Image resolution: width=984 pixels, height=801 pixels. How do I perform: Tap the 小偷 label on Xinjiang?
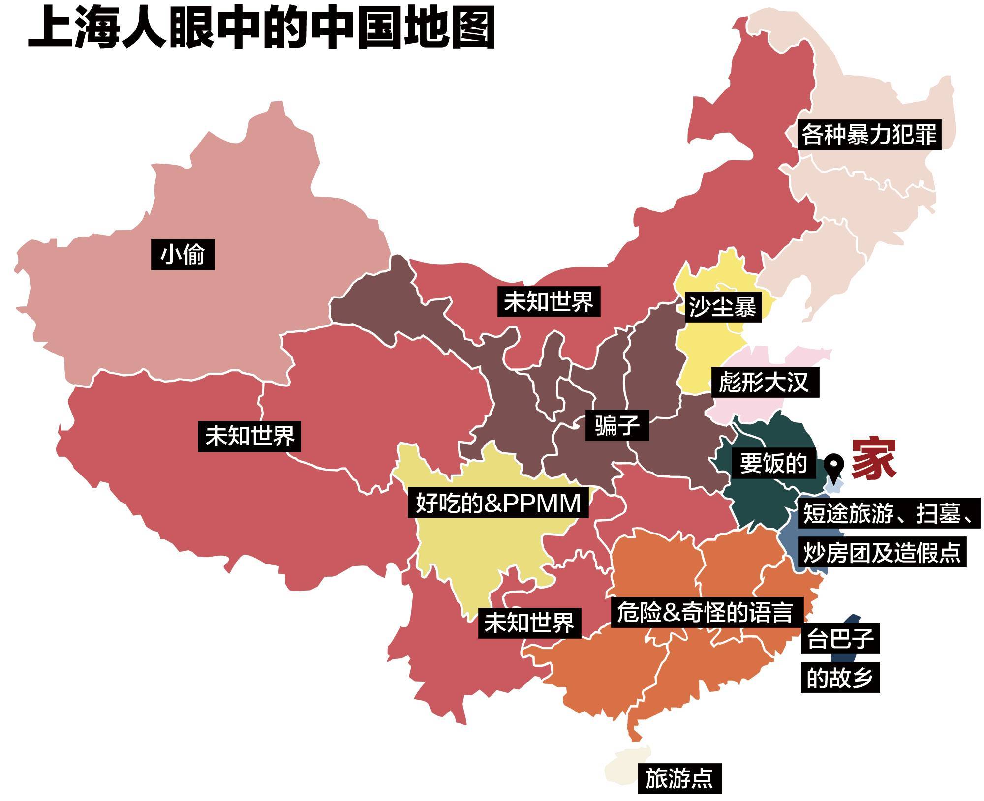[x=183, y=255]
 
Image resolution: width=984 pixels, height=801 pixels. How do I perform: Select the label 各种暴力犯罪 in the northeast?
[x=869, y=134]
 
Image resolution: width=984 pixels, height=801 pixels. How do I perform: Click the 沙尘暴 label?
[x=722, y=307]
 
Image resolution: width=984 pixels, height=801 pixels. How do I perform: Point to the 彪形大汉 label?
[x=764, y=382]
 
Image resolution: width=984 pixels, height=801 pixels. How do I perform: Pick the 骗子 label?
[x=616, y=425]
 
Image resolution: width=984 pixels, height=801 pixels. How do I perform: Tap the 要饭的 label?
[x=773, y=463]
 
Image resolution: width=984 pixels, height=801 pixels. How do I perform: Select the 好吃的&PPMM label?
[x=498, y=503]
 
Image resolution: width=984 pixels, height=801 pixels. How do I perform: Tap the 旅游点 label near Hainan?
[x=679, y=778]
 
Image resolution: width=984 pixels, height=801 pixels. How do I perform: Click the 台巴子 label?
[x=840, y=639]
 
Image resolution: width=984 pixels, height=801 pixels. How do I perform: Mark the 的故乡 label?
[x=840, y=678]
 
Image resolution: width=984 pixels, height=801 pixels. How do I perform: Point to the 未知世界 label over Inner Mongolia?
[x=549, y=301]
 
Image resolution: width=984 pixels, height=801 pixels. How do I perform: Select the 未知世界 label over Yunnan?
[x=529, y=623]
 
